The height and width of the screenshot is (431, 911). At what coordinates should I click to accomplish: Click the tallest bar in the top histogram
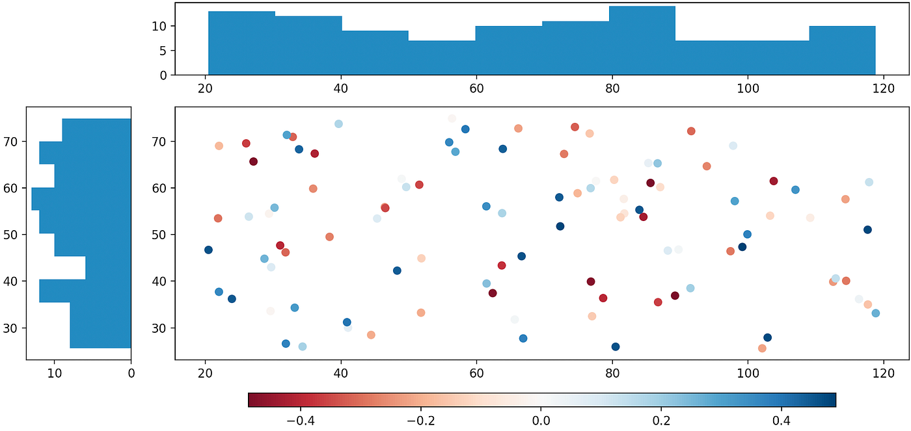[x=642, y=40]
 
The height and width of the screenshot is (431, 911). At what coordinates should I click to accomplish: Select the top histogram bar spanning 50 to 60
[x=442, y=58]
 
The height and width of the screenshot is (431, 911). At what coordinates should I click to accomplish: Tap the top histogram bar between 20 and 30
[x=241, y=43]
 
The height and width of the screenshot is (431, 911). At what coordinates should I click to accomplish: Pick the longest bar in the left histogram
[x=81, y=199]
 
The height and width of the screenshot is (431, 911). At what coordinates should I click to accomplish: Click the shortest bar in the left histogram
[x=109, y=268]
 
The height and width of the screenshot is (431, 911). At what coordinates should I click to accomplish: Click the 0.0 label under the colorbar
[x=541, y=421]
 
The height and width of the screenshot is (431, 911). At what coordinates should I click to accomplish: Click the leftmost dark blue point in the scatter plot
[x=208, y=250]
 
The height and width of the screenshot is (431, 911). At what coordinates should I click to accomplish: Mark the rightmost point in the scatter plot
[x=875, y=313]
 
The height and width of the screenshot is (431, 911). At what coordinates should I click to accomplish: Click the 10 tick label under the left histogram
[x=55, y=374]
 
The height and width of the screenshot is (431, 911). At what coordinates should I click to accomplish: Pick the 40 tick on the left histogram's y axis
[x=14, y=281]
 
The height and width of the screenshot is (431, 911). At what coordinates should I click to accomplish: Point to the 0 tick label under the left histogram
[x=131, y=374]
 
